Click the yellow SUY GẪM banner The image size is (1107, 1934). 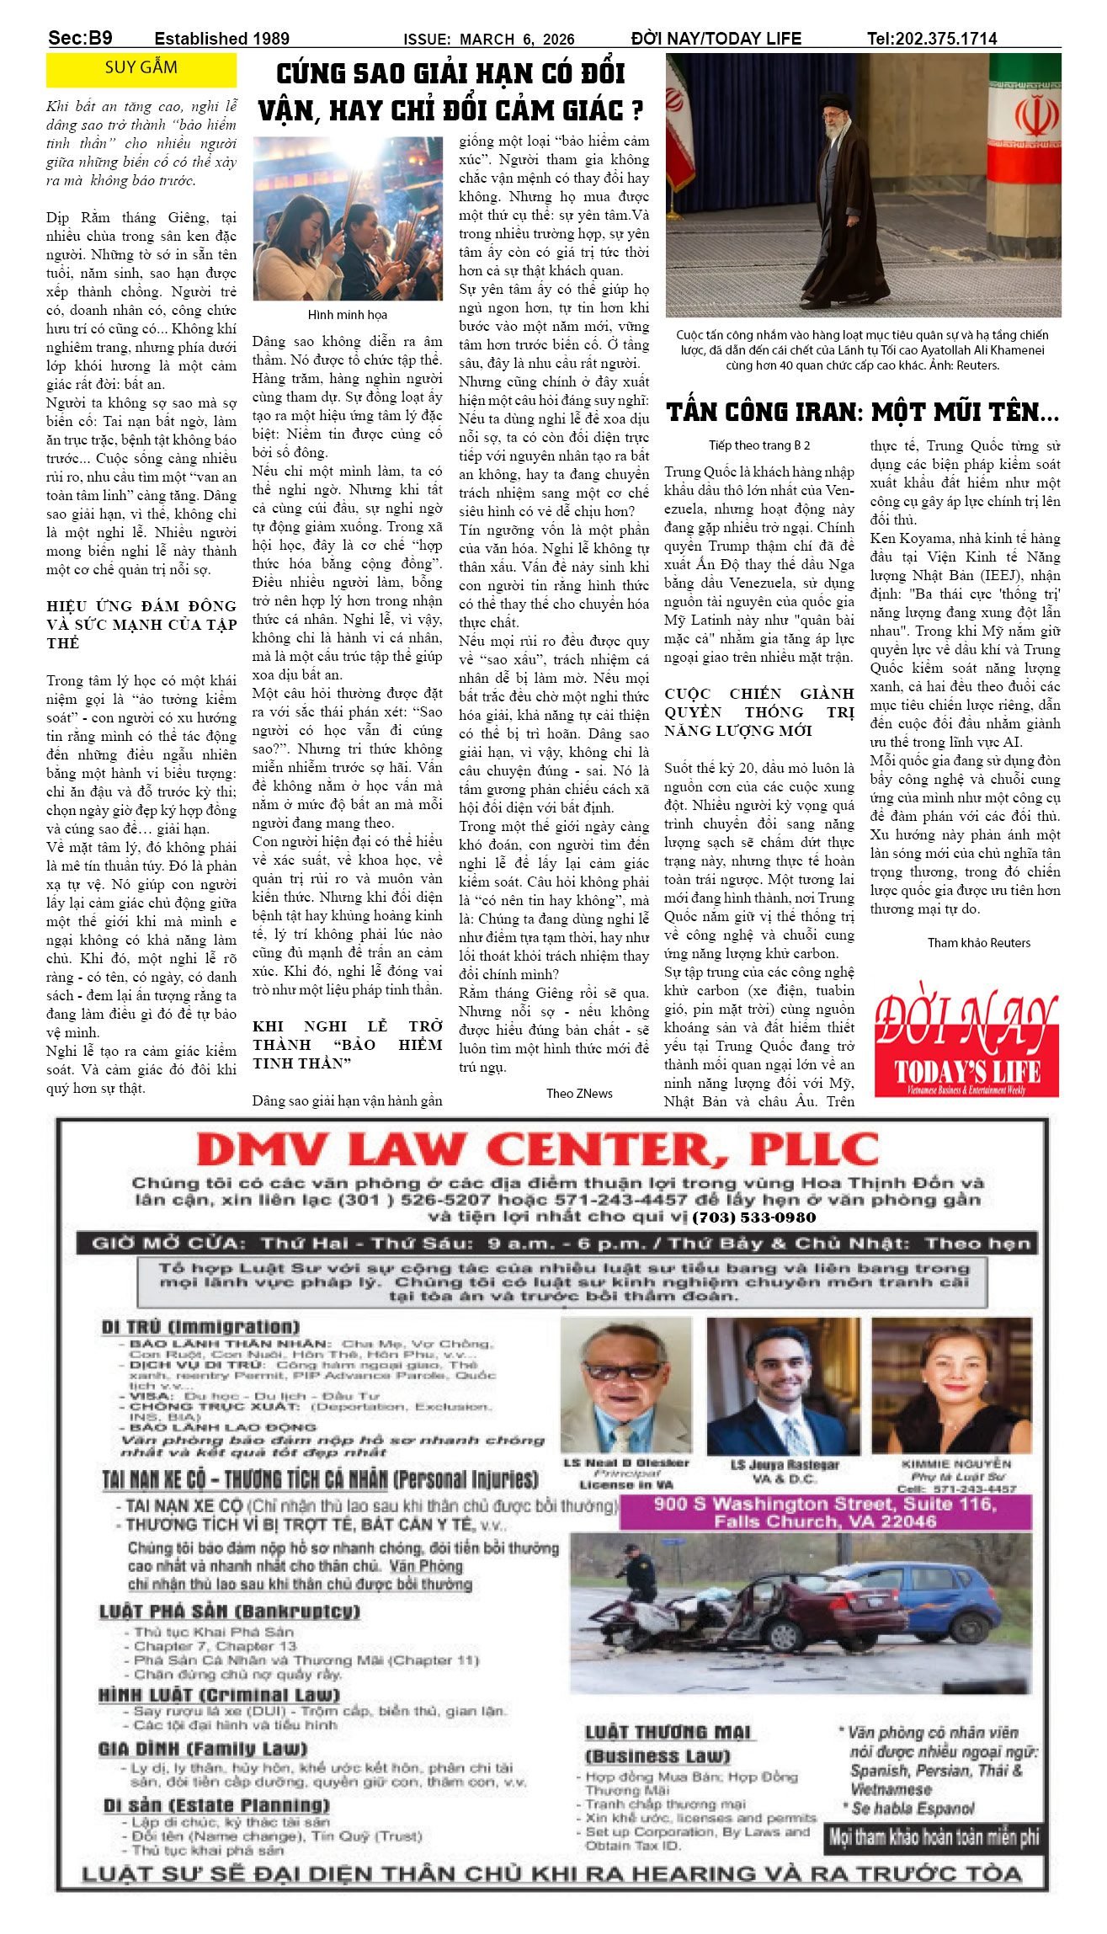tap(141, 69)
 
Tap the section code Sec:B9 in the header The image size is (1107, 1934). tap(80, 38)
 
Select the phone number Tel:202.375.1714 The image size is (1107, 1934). tap(932, 39)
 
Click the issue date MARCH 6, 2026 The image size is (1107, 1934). tap(517, 40)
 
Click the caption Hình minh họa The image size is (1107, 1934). tap(347, 315)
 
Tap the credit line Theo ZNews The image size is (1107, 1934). tap(579, 1093)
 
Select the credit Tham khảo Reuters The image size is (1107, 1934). tap(978, 942)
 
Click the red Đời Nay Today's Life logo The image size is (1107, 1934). tap(966, 1045)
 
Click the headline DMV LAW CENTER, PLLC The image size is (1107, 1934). tap(538, 1149)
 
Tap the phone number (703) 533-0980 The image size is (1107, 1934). tap(753, 1217)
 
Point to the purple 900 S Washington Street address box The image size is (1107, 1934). tap(825, 1512)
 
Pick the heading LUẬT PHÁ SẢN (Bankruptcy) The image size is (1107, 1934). tap(230, 1612)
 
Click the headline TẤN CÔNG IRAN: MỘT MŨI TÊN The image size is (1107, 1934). tap(862, 413)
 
